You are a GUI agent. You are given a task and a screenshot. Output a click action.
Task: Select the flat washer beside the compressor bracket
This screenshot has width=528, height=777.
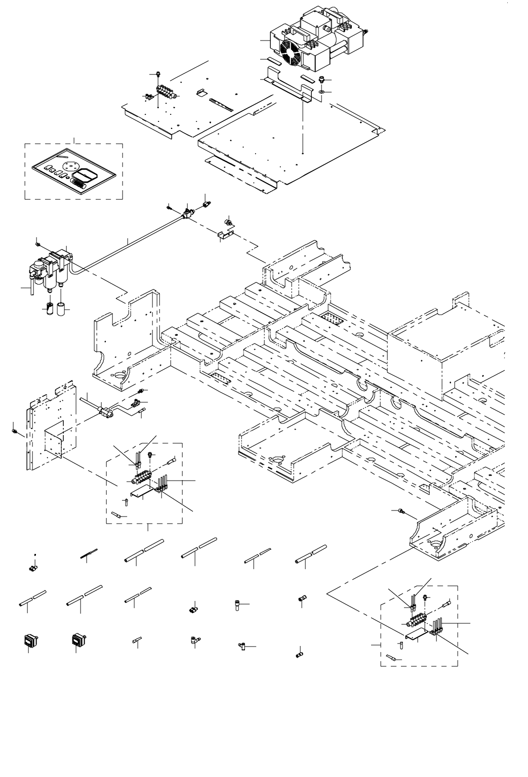(x=322, y=93)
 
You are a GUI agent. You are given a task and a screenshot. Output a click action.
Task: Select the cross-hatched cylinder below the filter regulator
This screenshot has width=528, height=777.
(x=50, y=307)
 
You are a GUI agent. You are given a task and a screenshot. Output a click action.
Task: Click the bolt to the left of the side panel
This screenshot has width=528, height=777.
(x=14, y=431)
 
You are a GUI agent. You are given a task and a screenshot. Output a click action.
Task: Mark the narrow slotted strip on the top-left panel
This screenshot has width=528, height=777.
(x=221, y=105)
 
